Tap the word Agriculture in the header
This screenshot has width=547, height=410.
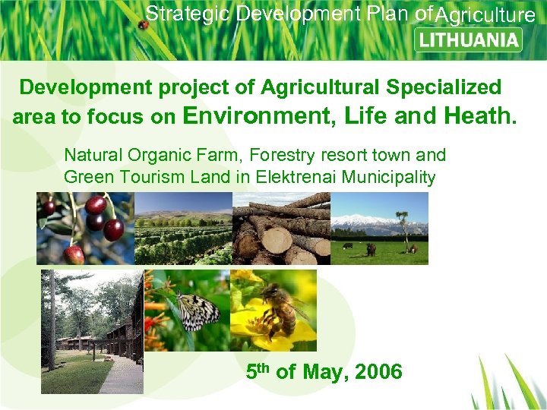(486, 15)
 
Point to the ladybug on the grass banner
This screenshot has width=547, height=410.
(143, 25)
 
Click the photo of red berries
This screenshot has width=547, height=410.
(85, 228)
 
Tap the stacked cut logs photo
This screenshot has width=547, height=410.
(281, 228)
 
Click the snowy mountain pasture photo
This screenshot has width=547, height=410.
(379, 228)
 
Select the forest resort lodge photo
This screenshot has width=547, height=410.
(92, 331)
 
